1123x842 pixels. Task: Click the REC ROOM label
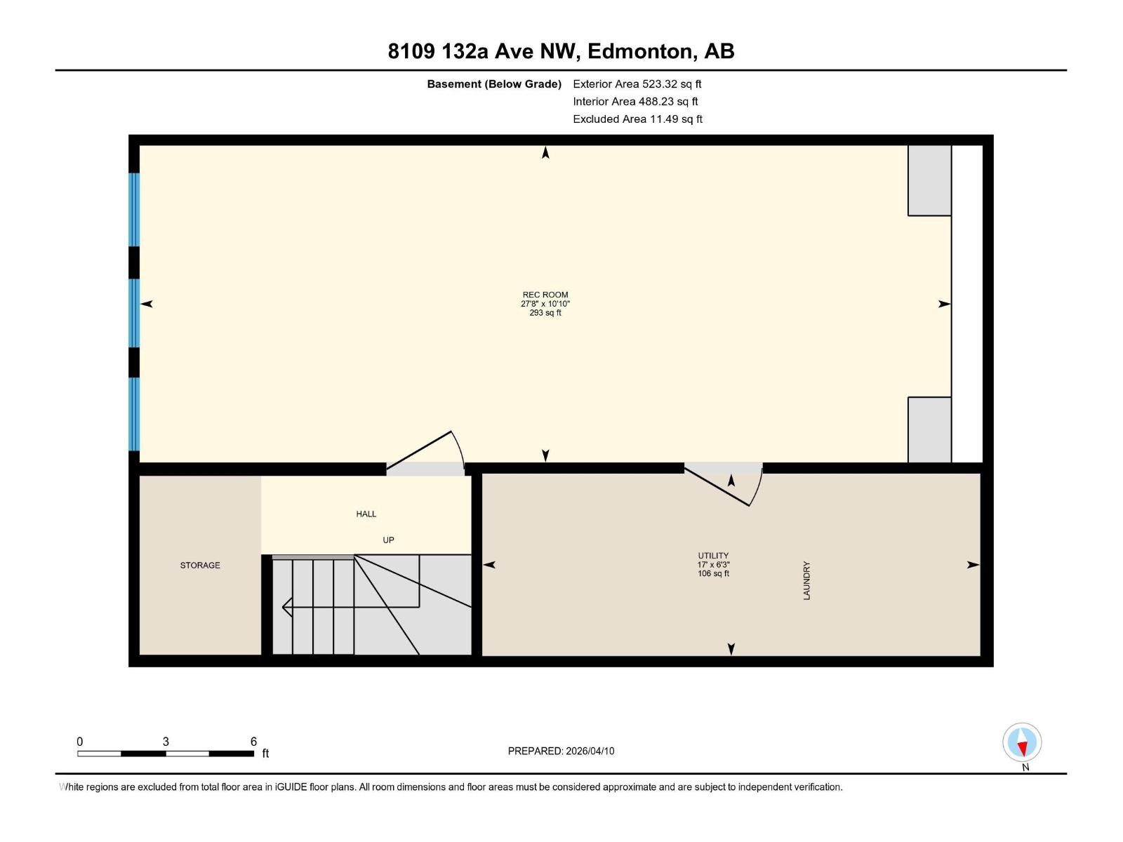(545, 295)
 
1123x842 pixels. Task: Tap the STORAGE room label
(200, 565)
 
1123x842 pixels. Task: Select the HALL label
(366, 514)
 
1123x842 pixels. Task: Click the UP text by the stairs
(388, 540)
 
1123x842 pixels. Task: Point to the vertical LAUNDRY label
(806, 580)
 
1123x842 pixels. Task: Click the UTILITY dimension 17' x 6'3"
(713, 564)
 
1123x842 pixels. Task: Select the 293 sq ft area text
(545, 313)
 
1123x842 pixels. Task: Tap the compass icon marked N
(1022, 742)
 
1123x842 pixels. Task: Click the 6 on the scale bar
(253, 741)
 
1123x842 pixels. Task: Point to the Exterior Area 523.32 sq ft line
(637, 83)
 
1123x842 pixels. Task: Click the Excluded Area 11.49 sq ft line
(637, 119)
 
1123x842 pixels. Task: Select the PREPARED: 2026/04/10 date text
(561, 751)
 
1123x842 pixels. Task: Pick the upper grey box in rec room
(929, 180)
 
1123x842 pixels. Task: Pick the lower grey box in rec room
(929, 429)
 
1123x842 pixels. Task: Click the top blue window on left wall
(134, 209)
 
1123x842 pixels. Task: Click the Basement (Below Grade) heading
(494, 83)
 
